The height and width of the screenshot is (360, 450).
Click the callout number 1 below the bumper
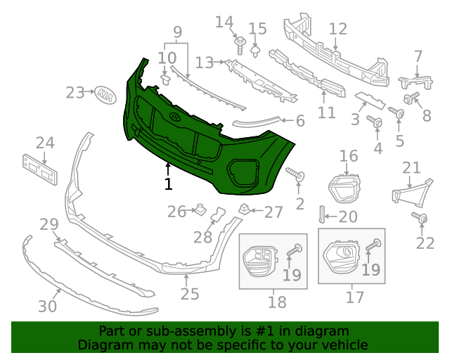(x=168, y=184)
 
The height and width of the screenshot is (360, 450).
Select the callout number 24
(x=45, y=143)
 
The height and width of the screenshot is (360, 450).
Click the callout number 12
(x=338, y=29)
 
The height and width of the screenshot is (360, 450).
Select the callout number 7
(x=418, y=56)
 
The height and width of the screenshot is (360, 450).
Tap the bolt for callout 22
(x=420, y=218)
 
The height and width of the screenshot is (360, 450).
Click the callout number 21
(x=411, y=167)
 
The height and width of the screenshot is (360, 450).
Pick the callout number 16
(x=349, y=155)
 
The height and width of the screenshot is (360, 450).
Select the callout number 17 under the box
(x=355, y=297)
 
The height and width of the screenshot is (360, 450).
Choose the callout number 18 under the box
(x=277, y=302)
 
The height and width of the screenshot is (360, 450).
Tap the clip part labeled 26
(x=199, y=208)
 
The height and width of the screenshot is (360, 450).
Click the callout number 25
(x=190, y=294)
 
